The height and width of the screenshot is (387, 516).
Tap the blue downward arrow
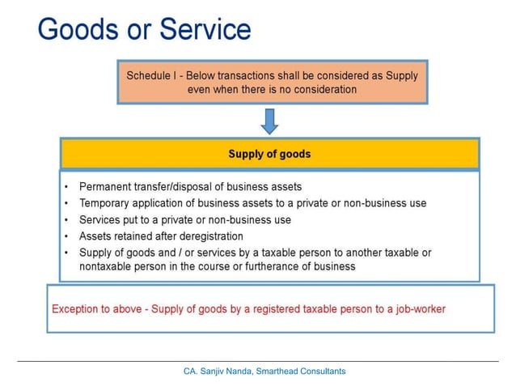coord(270,121)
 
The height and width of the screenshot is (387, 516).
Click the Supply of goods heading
coord(269,153)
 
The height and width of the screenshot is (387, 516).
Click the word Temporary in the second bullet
coord(106,203)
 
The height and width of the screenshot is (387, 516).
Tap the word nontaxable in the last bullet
coord(106,266)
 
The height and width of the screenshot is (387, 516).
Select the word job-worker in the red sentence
coord(417,308)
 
